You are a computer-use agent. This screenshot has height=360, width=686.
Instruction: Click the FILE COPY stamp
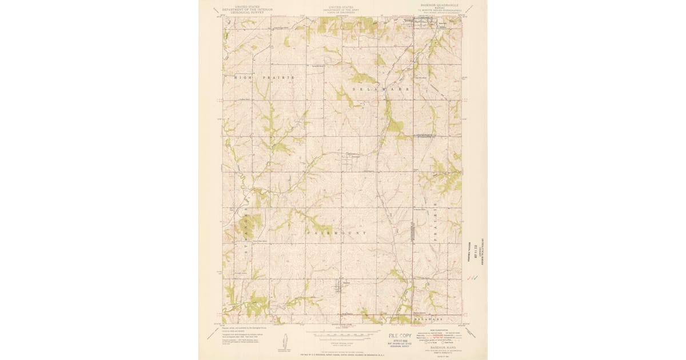(401, 337)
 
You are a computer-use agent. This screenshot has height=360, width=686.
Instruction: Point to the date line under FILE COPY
(401, 342)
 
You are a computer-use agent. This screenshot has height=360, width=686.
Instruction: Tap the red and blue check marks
(472, 278)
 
